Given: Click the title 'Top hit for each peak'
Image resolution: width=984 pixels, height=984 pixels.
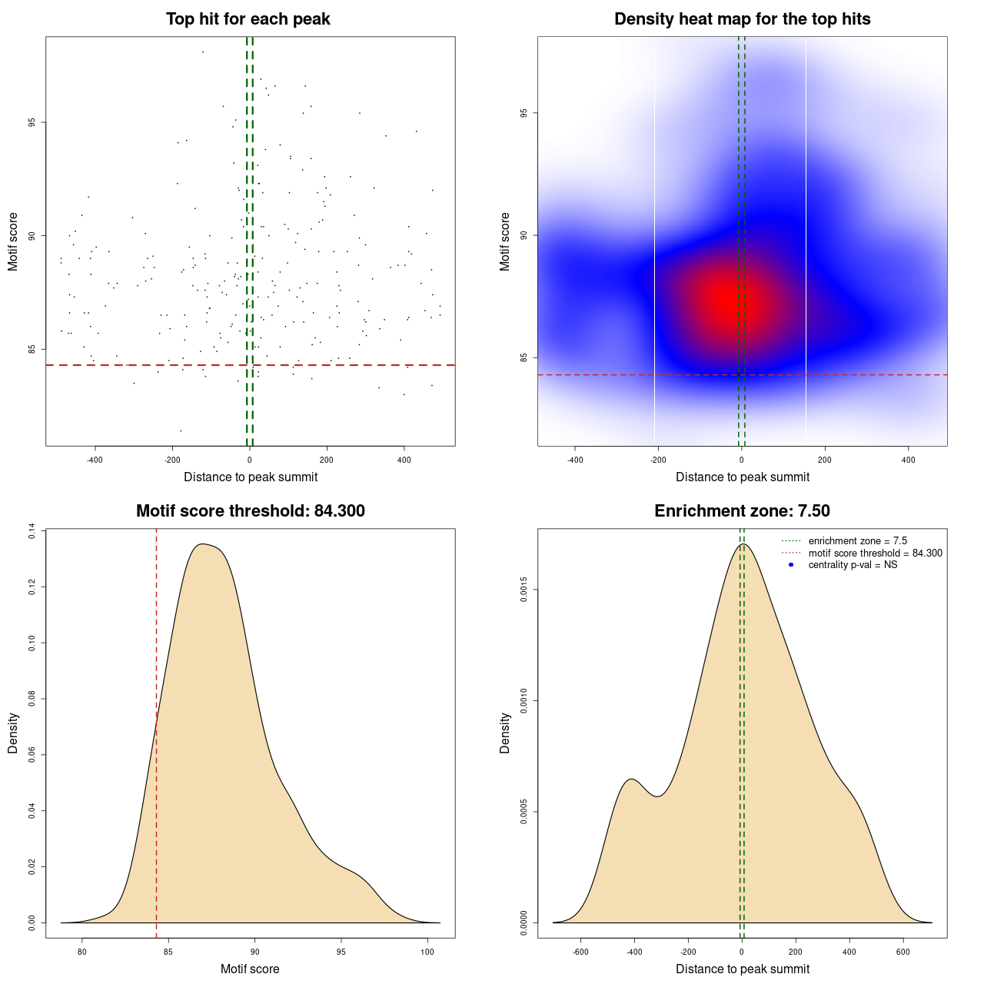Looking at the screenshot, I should click(248, 19).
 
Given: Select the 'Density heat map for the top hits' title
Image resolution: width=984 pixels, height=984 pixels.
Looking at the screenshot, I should click(742, 19).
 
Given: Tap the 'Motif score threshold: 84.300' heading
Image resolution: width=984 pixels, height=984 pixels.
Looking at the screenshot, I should click(250, 511).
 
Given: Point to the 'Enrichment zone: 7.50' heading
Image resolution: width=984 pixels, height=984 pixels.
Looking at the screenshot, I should click(742, 511).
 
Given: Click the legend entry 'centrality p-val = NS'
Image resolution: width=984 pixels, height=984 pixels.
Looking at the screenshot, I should click(853, 565).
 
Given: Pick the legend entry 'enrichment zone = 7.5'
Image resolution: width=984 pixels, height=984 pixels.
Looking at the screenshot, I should click(857, 541).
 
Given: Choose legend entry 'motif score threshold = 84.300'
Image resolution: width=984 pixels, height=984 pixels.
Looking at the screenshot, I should click(875, 553).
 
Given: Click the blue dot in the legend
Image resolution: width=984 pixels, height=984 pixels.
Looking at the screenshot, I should click(790, 565).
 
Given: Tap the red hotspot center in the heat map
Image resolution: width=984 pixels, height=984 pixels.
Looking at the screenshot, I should click(726, 298).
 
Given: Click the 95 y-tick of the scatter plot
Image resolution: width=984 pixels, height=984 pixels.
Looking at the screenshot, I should click(32, 122).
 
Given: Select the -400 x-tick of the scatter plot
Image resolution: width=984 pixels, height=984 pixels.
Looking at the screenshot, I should click(95, 460).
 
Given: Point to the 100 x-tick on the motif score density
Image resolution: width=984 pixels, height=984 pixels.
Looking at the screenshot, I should click(427, 952).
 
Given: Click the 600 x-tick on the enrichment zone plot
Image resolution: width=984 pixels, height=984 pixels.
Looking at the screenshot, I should click(903, 952).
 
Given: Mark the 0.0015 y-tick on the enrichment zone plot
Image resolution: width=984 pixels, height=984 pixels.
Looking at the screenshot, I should click(524, 590).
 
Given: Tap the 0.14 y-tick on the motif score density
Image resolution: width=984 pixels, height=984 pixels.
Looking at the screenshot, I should click(32, 531).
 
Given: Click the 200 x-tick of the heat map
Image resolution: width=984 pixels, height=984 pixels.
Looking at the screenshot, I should click(825, 460).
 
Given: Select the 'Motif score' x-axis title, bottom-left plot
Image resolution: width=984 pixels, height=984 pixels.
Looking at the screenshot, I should click(250, 969).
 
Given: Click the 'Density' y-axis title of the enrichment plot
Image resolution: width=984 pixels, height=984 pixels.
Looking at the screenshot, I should click(505, 733).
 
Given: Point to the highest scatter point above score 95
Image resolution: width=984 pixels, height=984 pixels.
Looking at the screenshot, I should click(202, 52).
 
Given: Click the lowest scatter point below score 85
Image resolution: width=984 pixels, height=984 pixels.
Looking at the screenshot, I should click(181, 430).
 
